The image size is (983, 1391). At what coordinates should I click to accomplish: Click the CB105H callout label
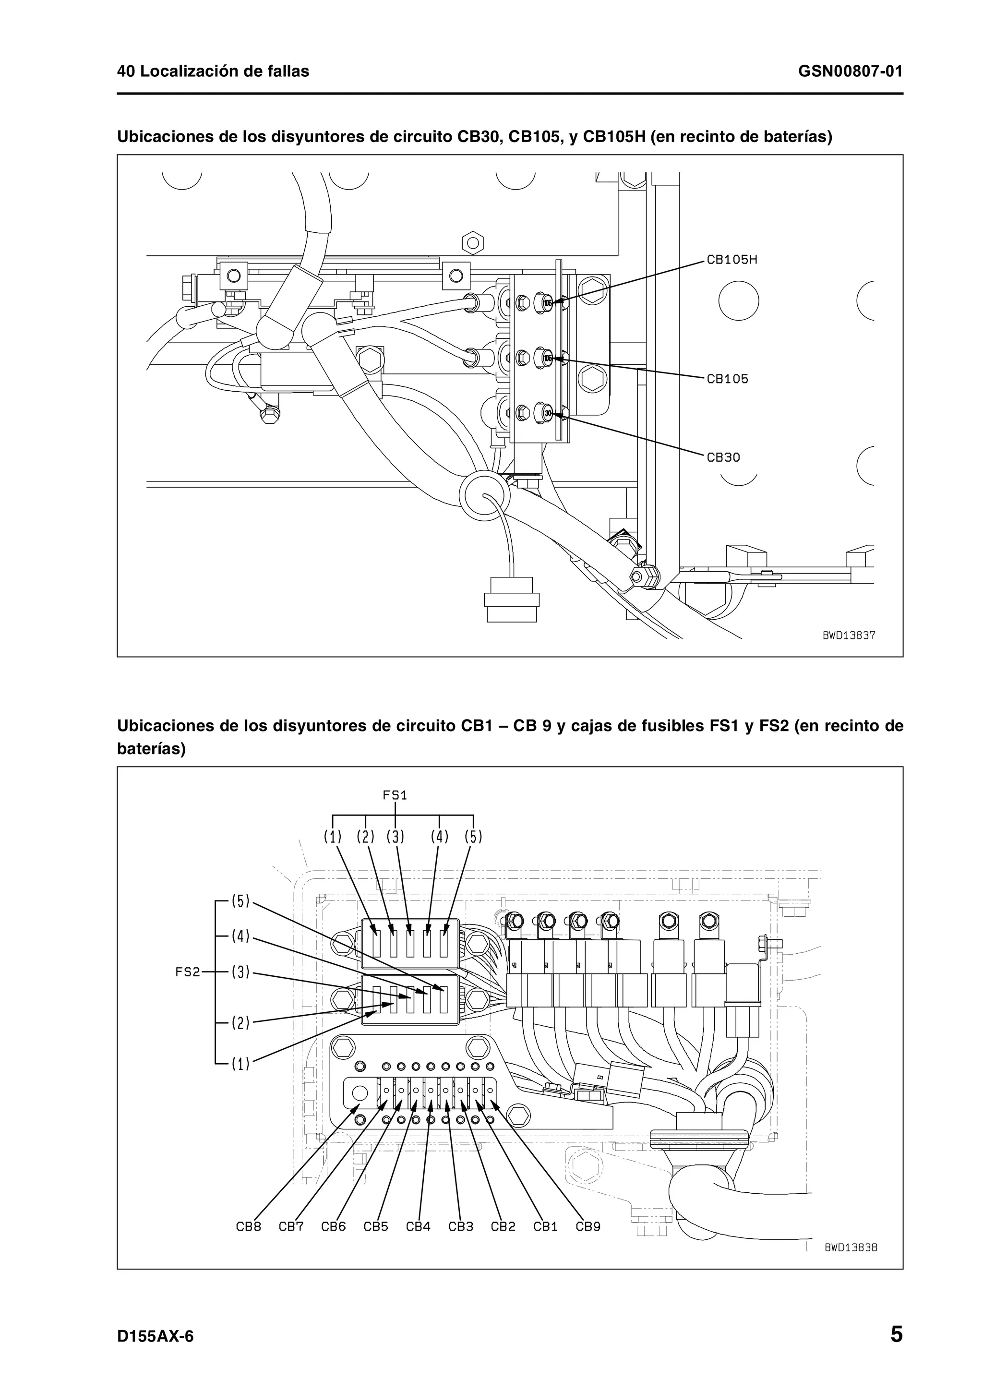731,260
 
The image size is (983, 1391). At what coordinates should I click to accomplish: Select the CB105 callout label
727,379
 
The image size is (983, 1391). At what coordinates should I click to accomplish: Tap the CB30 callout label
723,457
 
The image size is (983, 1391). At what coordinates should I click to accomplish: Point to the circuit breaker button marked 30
546,413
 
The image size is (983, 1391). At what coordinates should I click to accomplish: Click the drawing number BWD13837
849,636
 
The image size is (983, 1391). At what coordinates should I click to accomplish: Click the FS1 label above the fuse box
395,795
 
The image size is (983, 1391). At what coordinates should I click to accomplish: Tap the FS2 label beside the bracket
187,972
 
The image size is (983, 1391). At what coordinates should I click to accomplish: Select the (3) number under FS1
396,837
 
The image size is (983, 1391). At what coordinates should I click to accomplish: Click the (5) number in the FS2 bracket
240,901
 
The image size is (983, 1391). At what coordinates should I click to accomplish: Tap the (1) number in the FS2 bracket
240,1064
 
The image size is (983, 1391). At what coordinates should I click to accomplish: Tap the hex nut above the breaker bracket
472,243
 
